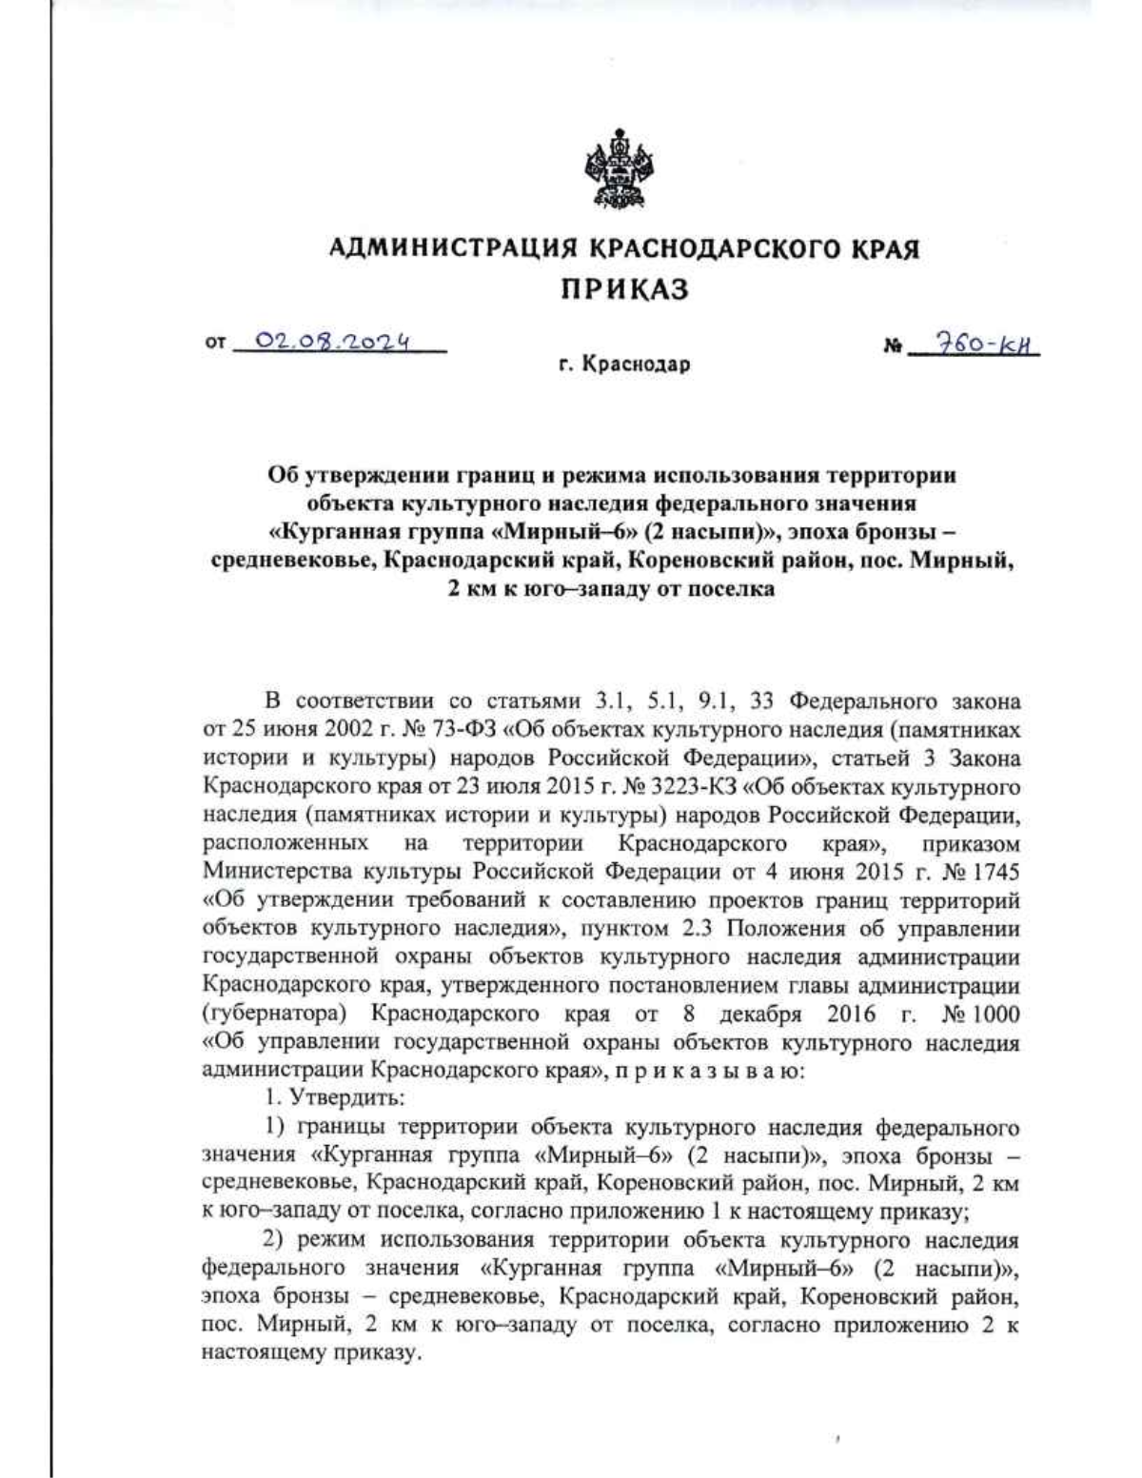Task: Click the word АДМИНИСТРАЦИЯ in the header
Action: (452, 249)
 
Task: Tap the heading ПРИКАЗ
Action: (623, 290)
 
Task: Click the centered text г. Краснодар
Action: (624, 365)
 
